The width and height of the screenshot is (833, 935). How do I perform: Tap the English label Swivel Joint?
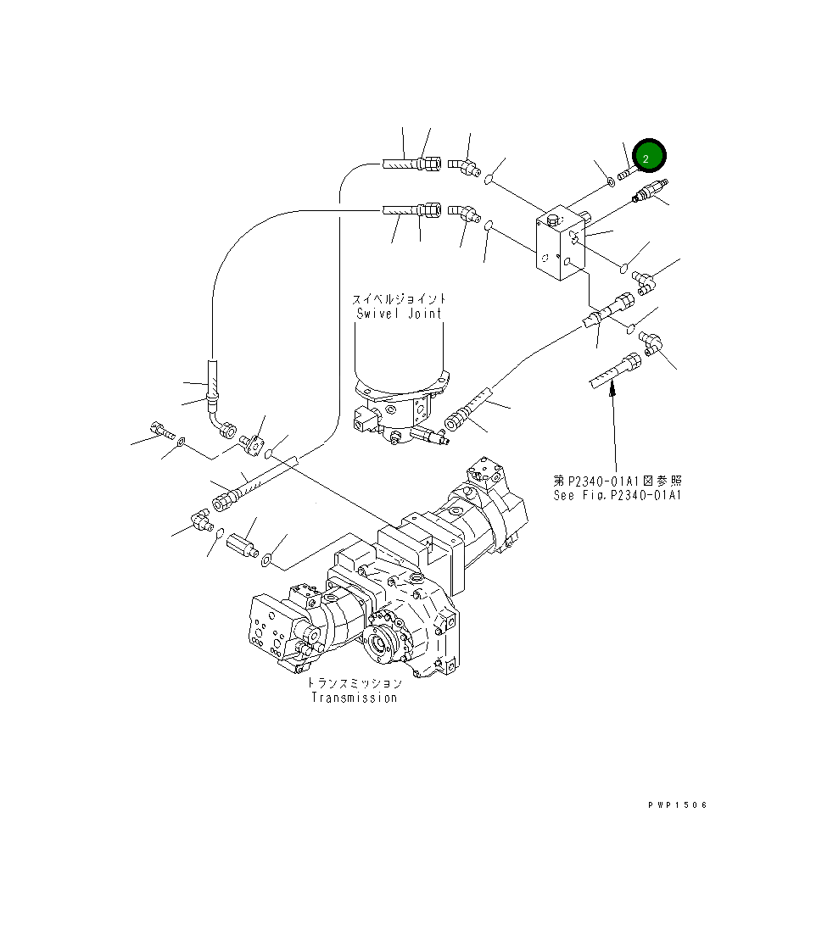coord(399,313)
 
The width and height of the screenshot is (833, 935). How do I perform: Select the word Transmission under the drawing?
coord(354,698)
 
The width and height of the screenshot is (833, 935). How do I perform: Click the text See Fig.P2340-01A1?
coord(618,496)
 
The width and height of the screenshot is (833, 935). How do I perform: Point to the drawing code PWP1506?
coord(677,805)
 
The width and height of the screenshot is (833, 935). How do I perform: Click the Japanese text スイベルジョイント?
coord(399,298)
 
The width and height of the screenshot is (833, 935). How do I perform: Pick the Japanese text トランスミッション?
coord(354,682)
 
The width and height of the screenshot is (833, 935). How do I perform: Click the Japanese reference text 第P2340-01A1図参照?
coord(618,481)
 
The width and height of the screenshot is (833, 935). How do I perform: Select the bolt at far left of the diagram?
coord(159,429)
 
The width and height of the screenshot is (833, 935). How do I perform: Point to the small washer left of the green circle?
coord(611,180)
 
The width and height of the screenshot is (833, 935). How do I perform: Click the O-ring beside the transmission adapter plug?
coord(266,558)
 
